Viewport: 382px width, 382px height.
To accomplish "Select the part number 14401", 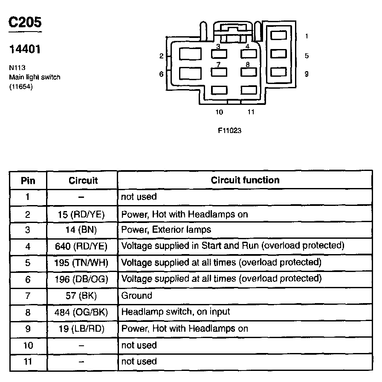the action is (25, 49).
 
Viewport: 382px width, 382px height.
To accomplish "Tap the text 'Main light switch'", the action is (35, 77).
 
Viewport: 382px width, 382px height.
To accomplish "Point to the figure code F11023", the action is (229, 130).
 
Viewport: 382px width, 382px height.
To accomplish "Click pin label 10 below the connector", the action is (219, 112).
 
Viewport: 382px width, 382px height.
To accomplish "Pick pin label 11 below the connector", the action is (251, 112).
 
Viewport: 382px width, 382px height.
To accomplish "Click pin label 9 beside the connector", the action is (307, 74).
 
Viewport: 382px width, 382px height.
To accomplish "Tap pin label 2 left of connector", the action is (162, 56).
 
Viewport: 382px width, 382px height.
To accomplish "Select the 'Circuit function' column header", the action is (245, 180).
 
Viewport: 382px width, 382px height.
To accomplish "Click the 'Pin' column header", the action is (28, 181).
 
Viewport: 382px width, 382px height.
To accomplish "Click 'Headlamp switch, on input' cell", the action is (176, 312).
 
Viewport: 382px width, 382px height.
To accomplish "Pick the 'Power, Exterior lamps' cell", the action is (166, 230).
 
